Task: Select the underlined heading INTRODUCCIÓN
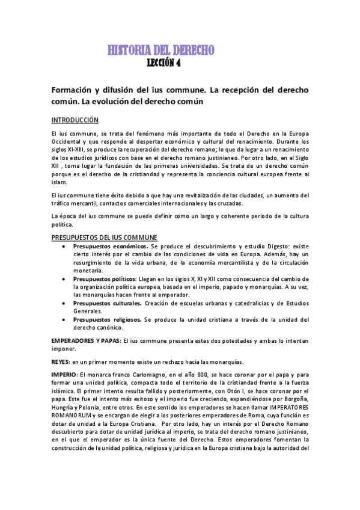75,120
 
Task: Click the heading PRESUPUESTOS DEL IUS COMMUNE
104,238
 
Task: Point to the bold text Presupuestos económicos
110,247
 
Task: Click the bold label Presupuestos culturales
107,303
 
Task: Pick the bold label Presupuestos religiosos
107,319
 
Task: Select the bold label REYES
60,362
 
